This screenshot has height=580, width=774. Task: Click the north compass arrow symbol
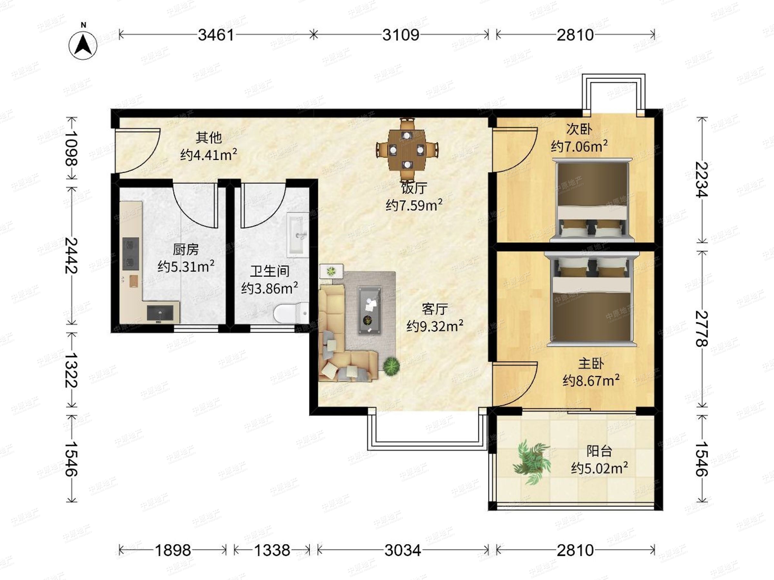tap(83, 45)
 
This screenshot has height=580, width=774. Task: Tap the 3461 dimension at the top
tap(216, 35)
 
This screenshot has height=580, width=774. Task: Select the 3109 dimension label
tap(401, 35)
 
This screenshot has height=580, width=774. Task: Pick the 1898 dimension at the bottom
tap(173, 551)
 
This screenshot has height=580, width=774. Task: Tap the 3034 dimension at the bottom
tap(403, 551)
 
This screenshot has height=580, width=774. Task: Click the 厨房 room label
tap(186, 250)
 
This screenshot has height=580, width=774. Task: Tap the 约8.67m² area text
tap(591, 380)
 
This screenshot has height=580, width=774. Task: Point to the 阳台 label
tap(599, 451)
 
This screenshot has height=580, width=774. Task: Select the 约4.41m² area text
tap(209, 154)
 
